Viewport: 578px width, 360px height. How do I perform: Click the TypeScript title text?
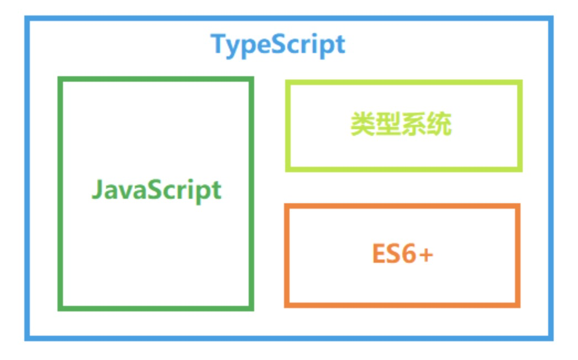pyautogui.click(x=277, y=45)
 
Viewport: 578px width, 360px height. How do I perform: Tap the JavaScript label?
pyautogui.click(x=157, y=190)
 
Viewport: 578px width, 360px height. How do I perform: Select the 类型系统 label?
pyautogui.click(x=401, y=124)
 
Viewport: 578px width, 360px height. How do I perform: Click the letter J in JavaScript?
pyautogui.click(x=97, y=189)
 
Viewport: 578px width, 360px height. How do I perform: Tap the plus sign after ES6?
pyautogui.click(x=426, y=254)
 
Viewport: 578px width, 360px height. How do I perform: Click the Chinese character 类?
pyautogui.click(x=362, y=124)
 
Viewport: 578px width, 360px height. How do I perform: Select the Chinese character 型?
pyautogui.click(x=388, y=124)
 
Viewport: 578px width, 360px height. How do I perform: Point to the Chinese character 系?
pyautogui.click(x=413, y=124)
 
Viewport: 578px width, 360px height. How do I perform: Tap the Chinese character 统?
pyautogui.click(x=439, y=124)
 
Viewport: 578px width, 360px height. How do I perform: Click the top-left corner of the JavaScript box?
pyautogui.click(x=60, y=79)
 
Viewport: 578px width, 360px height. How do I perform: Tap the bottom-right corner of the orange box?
pyautogui.click(x=518, y=305)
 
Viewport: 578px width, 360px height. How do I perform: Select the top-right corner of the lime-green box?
pyautogui.click(x=520, y=82)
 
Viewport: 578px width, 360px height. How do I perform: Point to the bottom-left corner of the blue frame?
pyautogui.click(x=27, y=338)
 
